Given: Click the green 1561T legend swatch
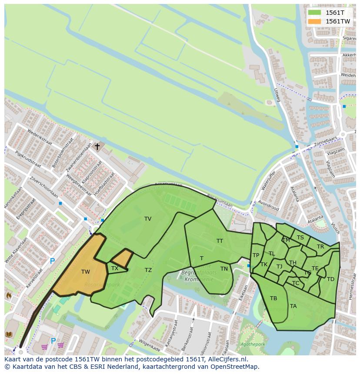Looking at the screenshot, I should [x=314, y=13].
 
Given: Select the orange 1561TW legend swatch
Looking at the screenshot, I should [x=314, y=21].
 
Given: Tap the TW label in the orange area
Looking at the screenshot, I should [x=85, y=272].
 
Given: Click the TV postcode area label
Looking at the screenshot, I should [x=148, y=219].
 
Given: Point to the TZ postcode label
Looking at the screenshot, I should [x=148, y=270].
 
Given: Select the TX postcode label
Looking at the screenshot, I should [x=115, y=268].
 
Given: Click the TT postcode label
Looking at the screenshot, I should [x=220, y=241].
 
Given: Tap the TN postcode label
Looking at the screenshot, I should [x=224, y=269].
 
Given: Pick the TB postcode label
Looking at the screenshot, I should [x=273, y=298].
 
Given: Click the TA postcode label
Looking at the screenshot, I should [x=293, y=306].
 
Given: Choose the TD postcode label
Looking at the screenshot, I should [x=330, y=279].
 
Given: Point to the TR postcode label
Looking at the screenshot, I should [x=320, y=247].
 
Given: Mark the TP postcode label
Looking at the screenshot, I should [x=256, y=255].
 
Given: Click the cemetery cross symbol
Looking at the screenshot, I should [x=97, y=147].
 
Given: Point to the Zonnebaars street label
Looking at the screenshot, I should [x=325, y=142].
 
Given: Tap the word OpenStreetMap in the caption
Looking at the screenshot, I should [x=237, y=367].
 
